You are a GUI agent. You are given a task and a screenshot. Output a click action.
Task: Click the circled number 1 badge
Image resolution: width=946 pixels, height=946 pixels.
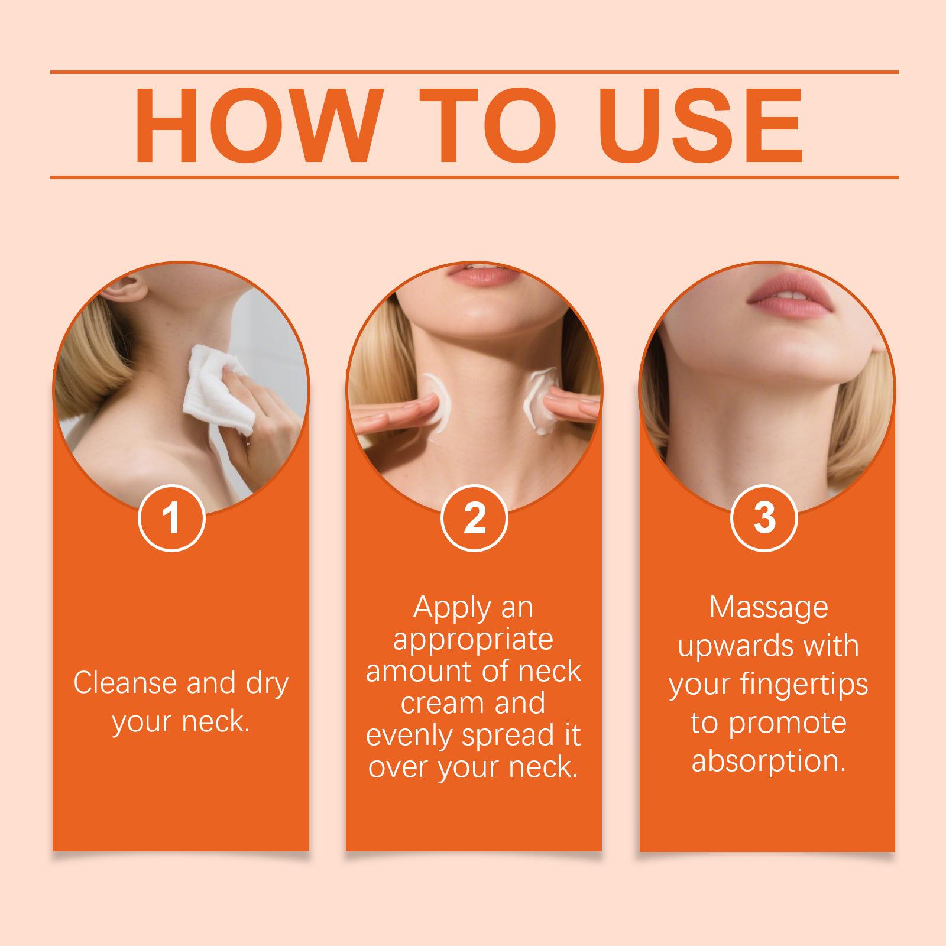(x=171, y=518)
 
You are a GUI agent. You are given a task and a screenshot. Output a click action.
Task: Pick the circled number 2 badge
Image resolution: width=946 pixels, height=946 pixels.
(x=474, y=518)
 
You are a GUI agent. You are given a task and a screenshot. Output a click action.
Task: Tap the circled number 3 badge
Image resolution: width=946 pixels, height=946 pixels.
(x=764, y=518)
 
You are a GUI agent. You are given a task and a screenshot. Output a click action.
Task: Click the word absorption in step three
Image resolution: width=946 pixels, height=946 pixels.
(x=769, y=762)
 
